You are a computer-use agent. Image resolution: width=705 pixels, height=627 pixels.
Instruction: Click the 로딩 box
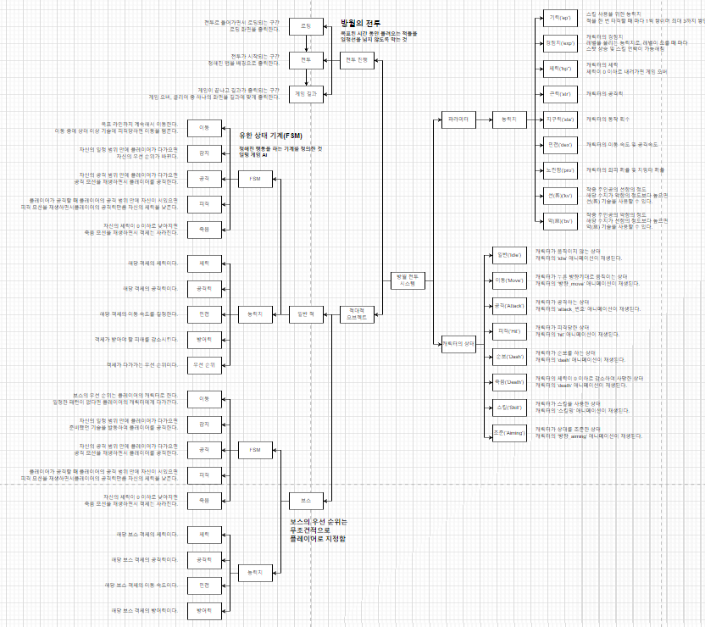pyautogui.click(x=306, y=26)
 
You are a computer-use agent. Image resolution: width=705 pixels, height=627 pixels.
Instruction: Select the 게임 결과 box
pyautogui.click(x=306, y=93)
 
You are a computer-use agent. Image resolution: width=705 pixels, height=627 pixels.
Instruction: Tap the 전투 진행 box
pyautogui.click(x=357, y=60)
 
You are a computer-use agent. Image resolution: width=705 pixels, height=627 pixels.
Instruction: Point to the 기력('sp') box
pyautogui.click(x=557, y=17)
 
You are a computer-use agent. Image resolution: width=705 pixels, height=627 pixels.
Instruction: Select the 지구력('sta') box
pyautogui.click(x=557, y=119)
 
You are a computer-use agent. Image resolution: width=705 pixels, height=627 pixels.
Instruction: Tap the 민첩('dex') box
pyautogui.click(x=557, y=145)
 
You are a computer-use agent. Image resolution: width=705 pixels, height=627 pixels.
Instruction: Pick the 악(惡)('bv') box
pyautogui.click(x=557, y=222)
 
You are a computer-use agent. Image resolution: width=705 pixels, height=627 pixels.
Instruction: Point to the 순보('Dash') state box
pyautogui.click(x=506, y=357)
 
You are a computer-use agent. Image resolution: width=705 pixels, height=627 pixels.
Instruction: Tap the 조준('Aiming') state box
pyautogui.click(x=506, y=434)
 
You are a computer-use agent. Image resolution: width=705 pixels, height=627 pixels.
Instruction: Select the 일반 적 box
pyautogui.click(x=306, y=313)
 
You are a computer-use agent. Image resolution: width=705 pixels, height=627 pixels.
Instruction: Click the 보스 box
pyautogui.click(x=306, y=499)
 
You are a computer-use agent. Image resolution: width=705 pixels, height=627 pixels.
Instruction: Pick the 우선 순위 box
pyautogui.click(x=203, y=365)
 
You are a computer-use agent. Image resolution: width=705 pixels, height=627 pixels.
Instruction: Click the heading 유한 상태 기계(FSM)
pyautogui.click(x=270, y=136)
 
